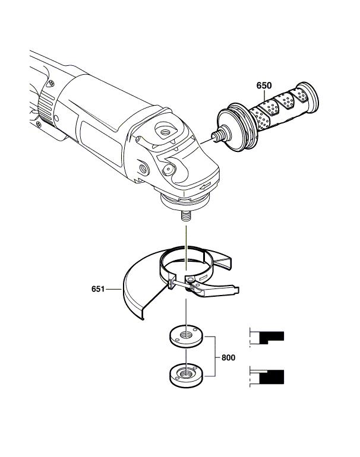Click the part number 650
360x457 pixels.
[264, 85]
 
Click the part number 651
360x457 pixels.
[98, 289]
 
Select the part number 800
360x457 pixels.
[228, 357]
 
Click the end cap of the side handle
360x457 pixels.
[308, 98]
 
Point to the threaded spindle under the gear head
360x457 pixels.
[186, 217]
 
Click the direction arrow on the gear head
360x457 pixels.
[205, 185]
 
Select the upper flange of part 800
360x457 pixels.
[187, 336]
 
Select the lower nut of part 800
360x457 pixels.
[187, 375]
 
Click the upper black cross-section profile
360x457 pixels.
[271, 337]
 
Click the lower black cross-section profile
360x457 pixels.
[271, 377]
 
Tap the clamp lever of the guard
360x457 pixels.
[215, 291]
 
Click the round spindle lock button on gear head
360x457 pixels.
[169, 169]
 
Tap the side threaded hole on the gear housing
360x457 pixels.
[144, 168]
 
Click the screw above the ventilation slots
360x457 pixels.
[51, 84]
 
